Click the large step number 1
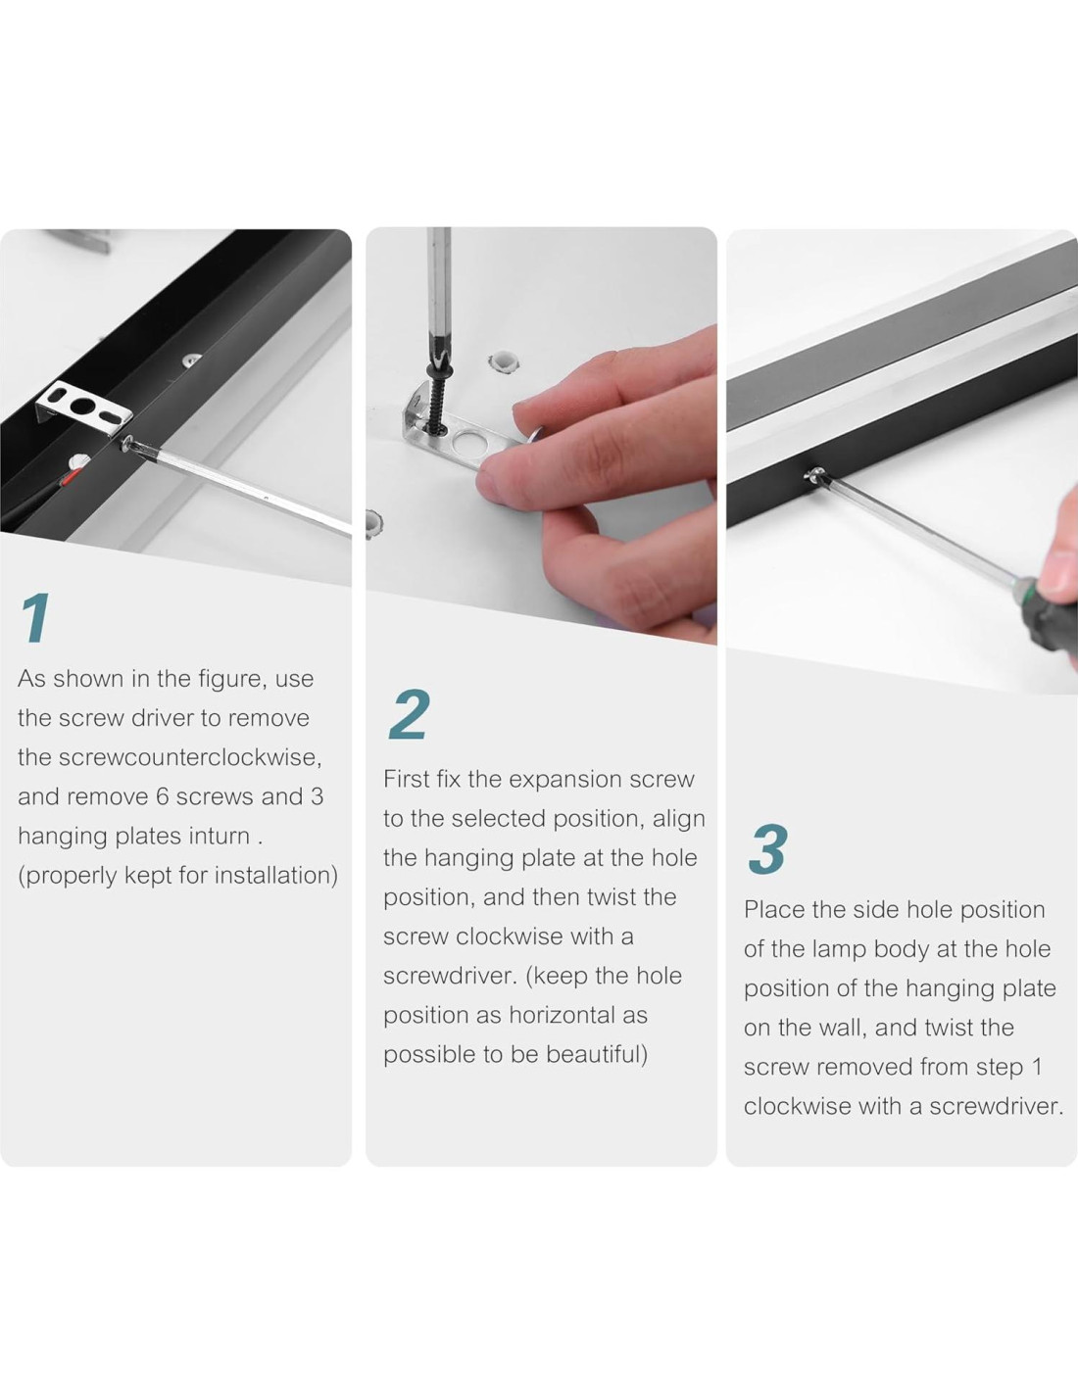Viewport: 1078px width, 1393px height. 36,617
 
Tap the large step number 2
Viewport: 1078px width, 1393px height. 409,714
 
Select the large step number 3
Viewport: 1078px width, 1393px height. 767,850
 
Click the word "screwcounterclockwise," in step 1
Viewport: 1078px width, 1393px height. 190,757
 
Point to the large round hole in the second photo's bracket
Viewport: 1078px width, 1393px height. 467,443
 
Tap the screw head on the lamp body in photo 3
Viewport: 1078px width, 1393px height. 814,475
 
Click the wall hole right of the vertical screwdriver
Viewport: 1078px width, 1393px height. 503,361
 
